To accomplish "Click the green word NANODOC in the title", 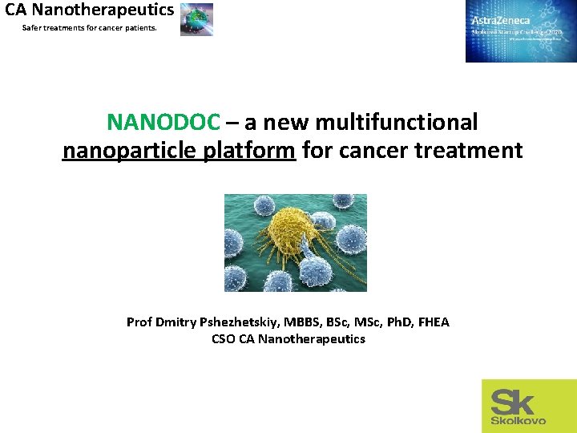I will point(163,122).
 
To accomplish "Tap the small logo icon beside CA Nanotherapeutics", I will point(196,18).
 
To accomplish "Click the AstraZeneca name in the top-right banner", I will point(501,20).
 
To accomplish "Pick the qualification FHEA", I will point(432,322).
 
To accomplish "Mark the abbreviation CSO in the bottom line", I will point(224,339).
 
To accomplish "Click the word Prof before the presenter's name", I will point(139,322).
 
